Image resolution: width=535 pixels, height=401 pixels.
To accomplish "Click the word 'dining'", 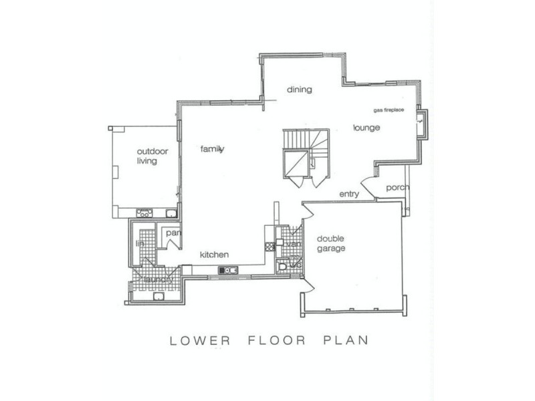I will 300,90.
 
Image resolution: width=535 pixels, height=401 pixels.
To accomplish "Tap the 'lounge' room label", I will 366,128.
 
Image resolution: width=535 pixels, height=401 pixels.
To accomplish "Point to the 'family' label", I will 213,149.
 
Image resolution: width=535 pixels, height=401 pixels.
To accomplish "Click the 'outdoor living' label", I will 152,156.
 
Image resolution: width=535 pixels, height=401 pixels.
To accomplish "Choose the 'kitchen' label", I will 215,255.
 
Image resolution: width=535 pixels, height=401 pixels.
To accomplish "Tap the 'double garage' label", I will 330,244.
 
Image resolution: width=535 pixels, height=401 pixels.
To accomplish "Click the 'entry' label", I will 349,194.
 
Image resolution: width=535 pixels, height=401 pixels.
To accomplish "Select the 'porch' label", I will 397,188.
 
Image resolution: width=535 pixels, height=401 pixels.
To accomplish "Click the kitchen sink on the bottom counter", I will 227,271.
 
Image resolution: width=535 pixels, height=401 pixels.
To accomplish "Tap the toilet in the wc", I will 284,267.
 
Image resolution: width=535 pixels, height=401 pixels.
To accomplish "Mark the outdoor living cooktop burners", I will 144,213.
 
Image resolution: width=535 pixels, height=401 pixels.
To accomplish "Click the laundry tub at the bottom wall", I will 159,297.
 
